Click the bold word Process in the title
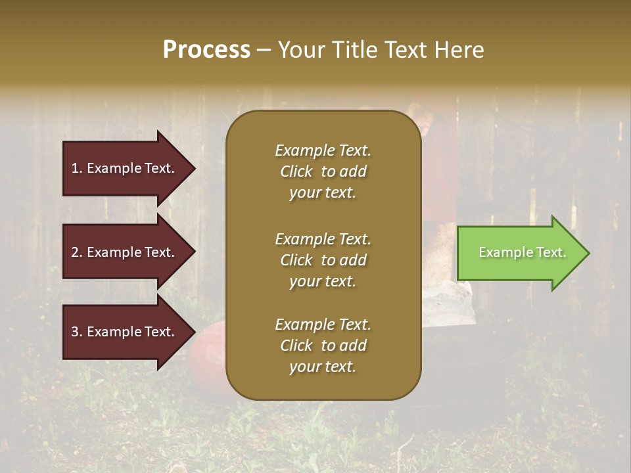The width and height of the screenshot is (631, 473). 206,50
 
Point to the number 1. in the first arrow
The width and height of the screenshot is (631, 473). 77,168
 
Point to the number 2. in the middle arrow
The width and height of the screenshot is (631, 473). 77,252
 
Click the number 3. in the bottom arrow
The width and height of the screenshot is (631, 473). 77,332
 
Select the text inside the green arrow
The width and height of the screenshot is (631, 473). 523,253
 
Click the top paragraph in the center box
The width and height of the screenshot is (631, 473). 323,171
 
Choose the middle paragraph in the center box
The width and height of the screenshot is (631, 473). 323,260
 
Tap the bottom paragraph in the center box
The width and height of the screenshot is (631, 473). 323,346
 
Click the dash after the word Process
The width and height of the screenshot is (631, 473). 264,50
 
